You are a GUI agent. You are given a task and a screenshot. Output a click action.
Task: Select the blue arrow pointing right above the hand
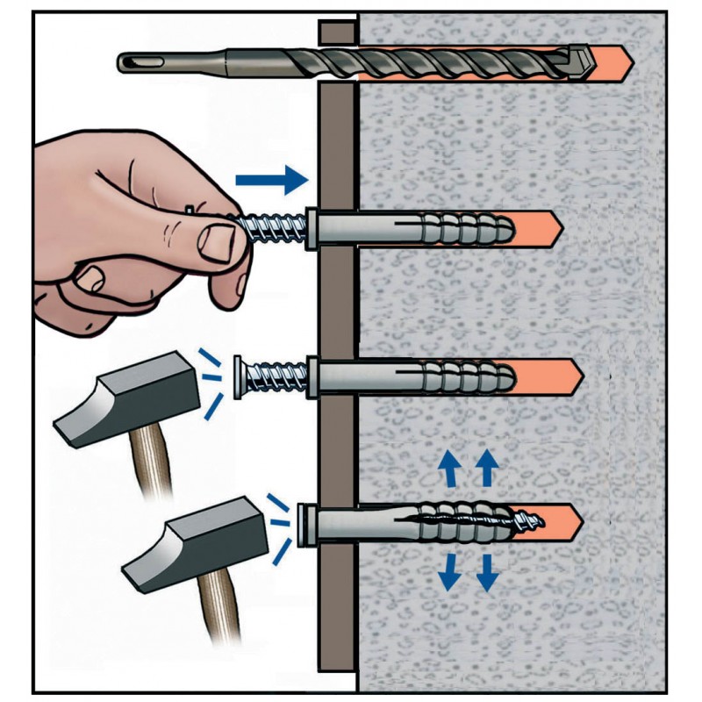coord(272,182)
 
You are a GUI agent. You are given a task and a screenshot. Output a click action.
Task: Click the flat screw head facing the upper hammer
coord(239,376)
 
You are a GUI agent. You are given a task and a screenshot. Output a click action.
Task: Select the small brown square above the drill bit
coord(336,32)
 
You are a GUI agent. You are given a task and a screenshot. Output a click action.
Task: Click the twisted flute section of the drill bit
coord(421,61)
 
